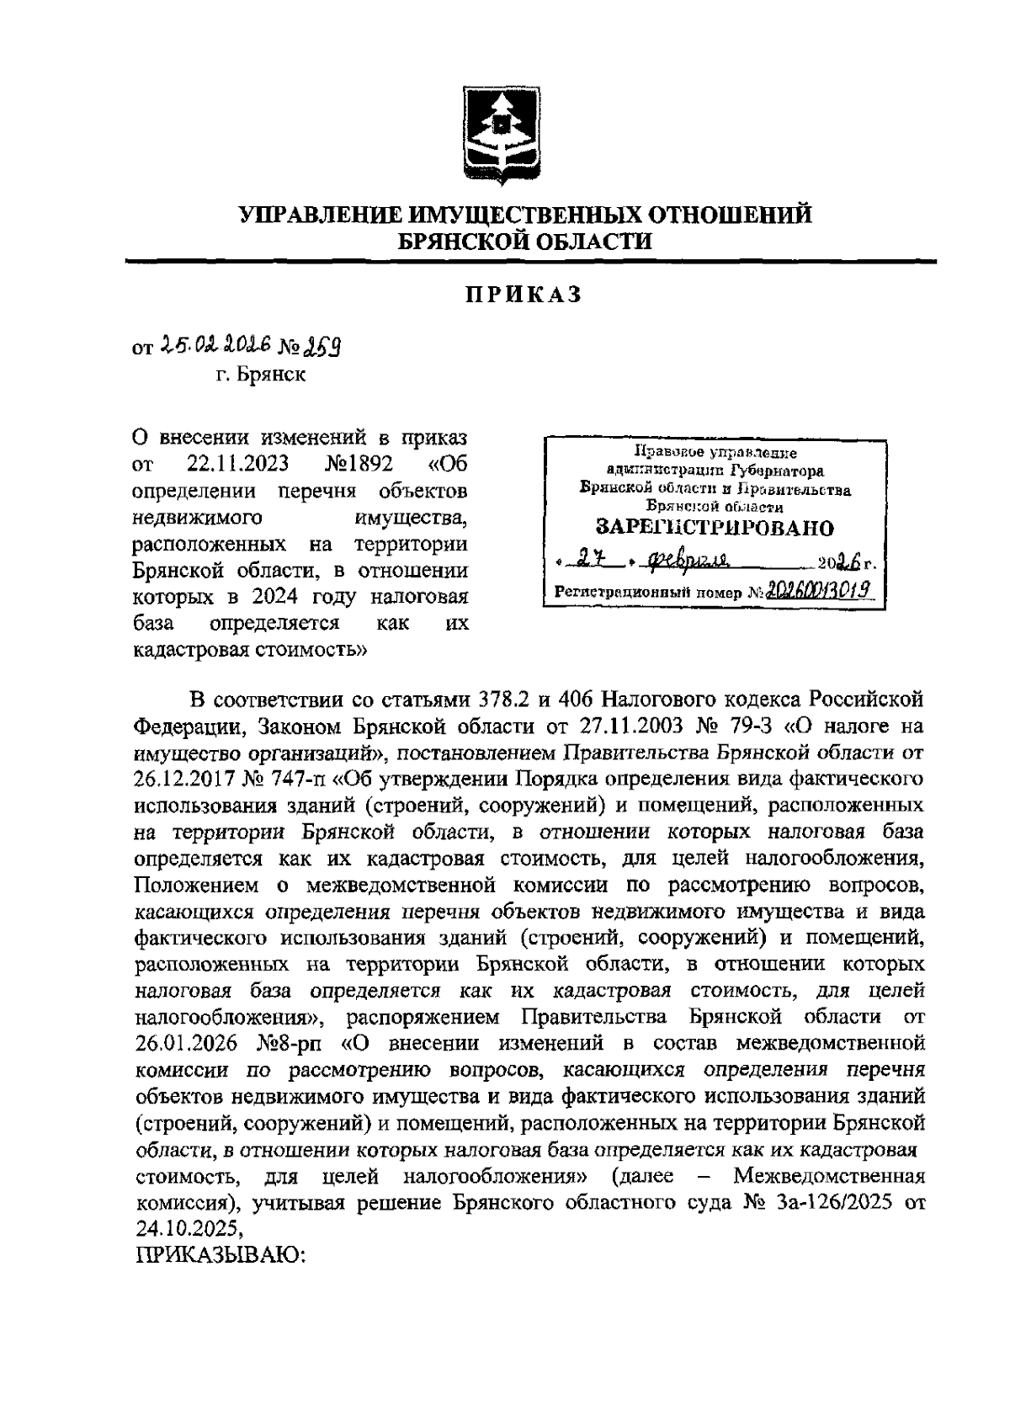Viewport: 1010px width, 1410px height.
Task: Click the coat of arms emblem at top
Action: [x=497, y=134]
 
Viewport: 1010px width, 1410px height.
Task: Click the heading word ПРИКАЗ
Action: [x=524, y=295]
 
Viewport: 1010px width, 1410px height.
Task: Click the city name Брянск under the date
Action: [x=258, y=375]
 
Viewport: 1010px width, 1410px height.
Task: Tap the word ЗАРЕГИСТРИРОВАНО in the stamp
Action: [x=715, y=528]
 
